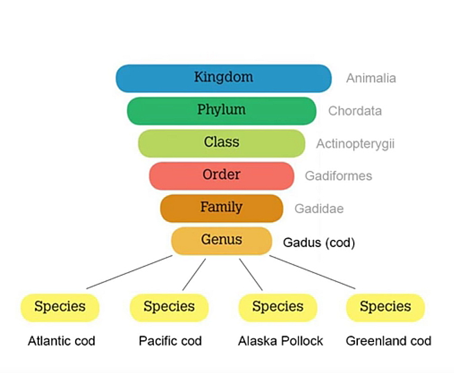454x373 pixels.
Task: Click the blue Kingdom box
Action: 224,78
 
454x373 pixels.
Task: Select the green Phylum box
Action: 221,111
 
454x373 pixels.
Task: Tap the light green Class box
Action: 221,143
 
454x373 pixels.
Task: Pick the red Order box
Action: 221,176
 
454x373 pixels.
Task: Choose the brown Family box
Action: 221,208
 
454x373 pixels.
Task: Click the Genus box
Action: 221,241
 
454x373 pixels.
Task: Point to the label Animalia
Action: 371,78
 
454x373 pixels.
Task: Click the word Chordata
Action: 355,111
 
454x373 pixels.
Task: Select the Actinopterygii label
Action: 356,144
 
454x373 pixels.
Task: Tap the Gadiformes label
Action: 338,176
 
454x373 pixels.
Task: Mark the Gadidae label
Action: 319,208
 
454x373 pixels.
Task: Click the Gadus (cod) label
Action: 319,243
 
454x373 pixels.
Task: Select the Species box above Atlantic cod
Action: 60,307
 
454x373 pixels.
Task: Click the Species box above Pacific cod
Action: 169,307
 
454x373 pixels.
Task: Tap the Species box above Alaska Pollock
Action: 277,307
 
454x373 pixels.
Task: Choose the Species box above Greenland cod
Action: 385,307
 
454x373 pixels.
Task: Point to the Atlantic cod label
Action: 61,341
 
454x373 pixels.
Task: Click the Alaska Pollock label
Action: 280,341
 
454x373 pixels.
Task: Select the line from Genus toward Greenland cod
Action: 312,272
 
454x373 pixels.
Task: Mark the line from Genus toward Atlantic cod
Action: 129,272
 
